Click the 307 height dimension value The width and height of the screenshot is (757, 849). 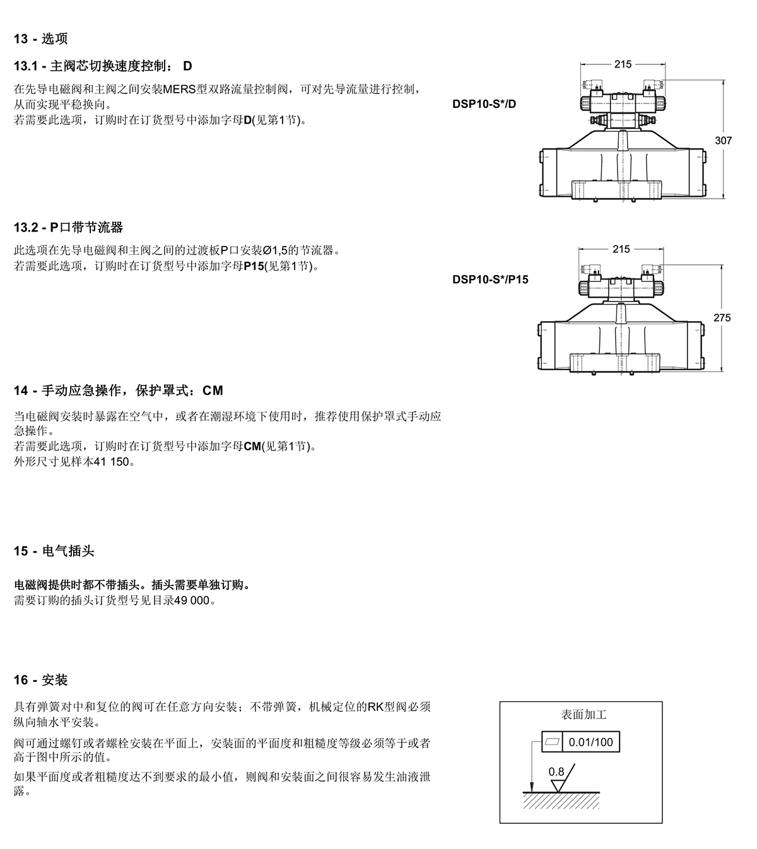(723, 141)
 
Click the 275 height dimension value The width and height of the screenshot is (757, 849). (722, 318)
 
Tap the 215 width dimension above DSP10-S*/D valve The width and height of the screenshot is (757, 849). (623, 64)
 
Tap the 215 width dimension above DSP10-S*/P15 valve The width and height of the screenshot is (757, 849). (621, 249)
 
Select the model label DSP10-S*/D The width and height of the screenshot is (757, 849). (484, 104)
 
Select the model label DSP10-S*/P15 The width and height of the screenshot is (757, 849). (490, 279)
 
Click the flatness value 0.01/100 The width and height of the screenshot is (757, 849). (590, 742)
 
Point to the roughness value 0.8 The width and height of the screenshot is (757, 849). (556, 772)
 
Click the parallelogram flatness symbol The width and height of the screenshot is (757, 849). (553, 742)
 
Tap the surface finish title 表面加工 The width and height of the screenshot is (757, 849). (584, 715)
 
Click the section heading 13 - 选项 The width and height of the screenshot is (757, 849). (40, 39)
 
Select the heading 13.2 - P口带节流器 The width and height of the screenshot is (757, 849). (68, 228)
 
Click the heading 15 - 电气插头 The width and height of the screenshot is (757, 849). (54, 551)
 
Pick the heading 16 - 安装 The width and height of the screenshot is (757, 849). (40, 680)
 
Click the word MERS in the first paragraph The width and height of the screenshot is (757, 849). (179, 90)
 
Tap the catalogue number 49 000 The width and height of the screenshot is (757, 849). (192, 600)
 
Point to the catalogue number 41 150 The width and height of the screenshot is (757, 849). (111, 462)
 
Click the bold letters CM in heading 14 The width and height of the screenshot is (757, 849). (213, 390)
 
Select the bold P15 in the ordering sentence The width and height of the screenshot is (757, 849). (254, 266)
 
